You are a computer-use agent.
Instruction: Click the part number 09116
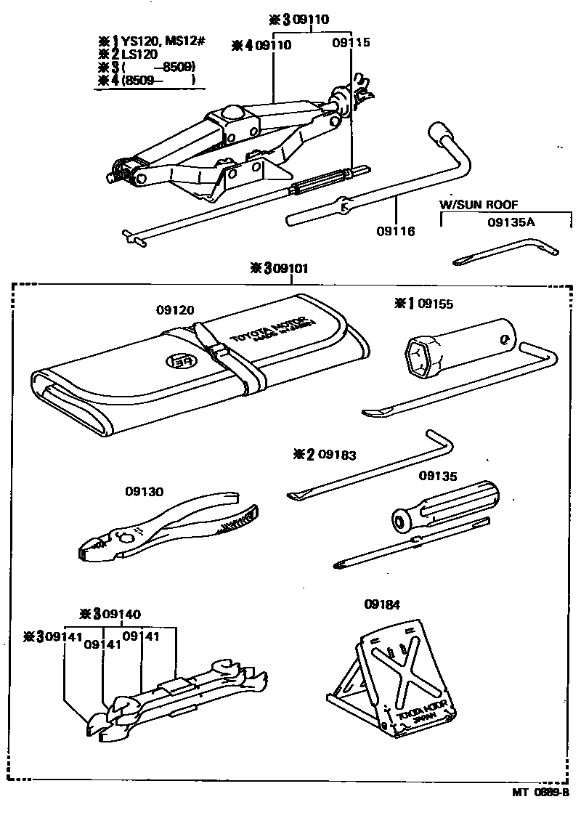click(395, 232)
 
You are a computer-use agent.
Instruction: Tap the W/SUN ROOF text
click(479, 205)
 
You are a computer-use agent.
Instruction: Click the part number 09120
click(175, 309)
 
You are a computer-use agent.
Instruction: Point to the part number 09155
click(434, 304)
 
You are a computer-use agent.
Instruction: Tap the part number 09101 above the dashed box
click(289, 268)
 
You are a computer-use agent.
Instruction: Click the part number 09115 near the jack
click(352, 44)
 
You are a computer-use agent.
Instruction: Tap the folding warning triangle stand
click(393, 680)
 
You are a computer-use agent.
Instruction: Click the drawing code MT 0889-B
click(540, 793)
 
